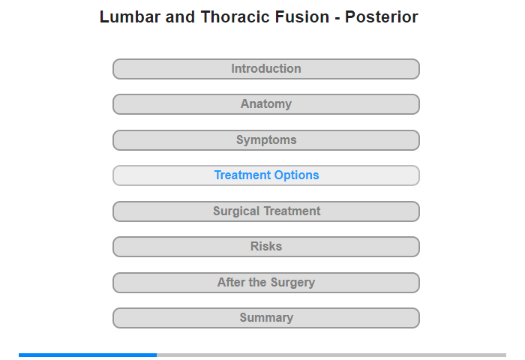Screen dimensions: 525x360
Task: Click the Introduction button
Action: (x=266, y=69)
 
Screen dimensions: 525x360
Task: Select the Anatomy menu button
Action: (x=266, y=104)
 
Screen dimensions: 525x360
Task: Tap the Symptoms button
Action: (x=266, y=140)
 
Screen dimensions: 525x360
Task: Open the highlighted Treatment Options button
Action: (x=266, y=175)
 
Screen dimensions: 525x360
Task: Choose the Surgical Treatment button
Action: (x=266, y=211)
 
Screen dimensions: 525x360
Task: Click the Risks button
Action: (x=266, y=247)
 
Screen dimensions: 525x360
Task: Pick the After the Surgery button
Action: (x=266, y=283)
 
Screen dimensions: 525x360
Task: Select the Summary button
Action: (x=266, y=318)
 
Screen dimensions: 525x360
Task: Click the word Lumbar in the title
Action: (x=130, y=16)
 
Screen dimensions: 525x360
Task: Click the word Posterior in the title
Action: (x=381, y=16)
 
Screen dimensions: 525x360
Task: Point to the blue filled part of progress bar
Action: (x=88, y=355)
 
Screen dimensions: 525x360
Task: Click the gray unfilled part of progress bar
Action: (x=331, y=355)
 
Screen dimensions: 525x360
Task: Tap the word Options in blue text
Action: (x=297, y=175)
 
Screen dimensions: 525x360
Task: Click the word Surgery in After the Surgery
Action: (x=292, y=282)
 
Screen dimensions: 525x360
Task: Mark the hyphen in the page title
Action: (x=337, y=18)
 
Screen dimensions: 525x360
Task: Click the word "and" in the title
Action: (x=180, y=16)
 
